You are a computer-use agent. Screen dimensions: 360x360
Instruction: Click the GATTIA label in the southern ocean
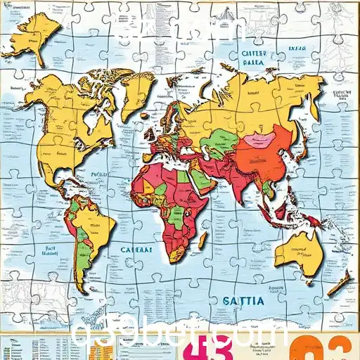click(x=243, y=301)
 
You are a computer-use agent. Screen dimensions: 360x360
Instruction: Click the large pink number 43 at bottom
click(x=214, y=347)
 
